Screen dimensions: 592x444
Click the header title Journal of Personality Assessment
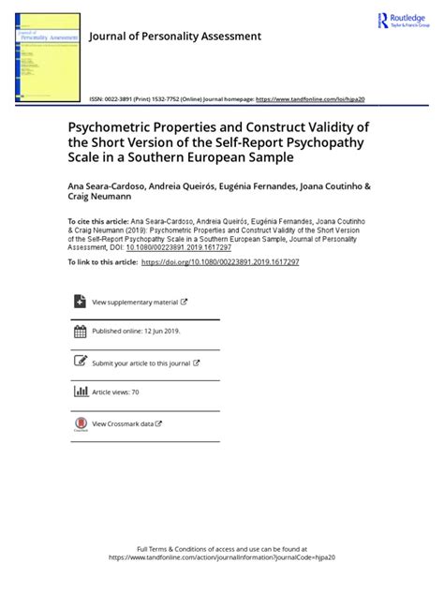(173, 37)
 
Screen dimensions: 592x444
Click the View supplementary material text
(134, 303)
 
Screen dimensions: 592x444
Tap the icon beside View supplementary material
(79, 303)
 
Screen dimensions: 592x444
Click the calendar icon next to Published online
(79, 333)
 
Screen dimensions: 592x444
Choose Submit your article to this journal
(141, 363)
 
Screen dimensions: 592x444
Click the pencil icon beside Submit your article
(79, 363)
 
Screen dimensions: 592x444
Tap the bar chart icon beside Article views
(79, 392)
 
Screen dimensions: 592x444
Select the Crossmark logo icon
(79, 424)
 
